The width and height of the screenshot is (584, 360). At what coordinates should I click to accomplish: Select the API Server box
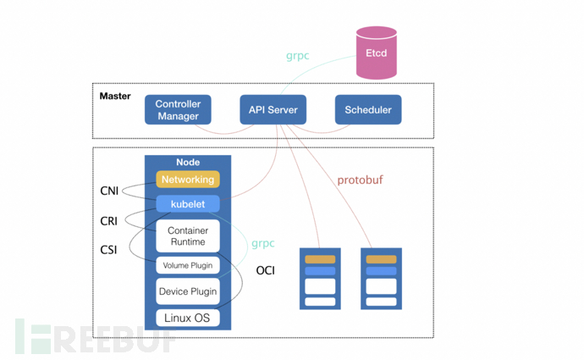pos(273,110)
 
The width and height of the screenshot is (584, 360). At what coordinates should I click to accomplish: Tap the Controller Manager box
pos(178,110)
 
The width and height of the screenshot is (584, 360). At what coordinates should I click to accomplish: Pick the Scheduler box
pos(368,110)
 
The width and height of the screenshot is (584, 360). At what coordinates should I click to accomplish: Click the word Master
pos(115,96)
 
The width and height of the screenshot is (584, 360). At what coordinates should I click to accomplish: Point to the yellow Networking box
pos(188,180)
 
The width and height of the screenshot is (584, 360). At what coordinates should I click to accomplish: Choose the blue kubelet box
pos(188,204)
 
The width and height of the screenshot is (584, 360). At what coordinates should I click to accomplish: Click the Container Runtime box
pos(188,235)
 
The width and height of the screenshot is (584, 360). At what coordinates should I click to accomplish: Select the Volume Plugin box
pos(188,266)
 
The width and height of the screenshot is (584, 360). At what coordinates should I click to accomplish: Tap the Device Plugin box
pos(188,291)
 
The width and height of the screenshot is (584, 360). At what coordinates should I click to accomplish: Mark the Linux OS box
pos(188,318)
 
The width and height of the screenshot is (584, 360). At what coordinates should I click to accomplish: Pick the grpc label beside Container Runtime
pos(262,243)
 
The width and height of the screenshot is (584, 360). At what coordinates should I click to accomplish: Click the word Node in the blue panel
pos(188,162)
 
